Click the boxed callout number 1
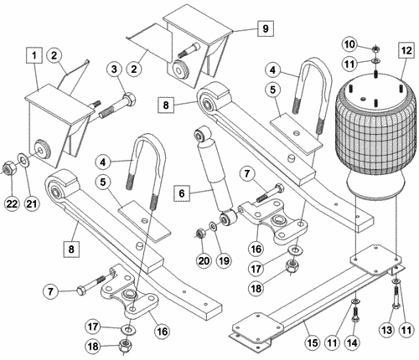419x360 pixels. [34, 55]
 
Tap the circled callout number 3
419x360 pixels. [114, 69]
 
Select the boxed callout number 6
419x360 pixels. [182, 193]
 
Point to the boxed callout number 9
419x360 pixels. [266, 28]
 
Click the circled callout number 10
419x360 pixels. [349, 44]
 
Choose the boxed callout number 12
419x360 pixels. [406, 50]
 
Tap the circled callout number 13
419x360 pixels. [387, 331]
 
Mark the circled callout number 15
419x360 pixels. [313, 342]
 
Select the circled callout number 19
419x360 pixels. [224, 261]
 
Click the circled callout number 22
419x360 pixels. [12, 203]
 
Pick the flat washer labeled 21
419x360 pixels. [23, 160]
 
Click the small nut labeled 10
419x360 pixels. [375, 49]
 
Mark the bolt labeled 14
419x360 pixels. [354, 314]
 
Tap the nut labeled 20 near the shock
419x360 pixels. [199, 233]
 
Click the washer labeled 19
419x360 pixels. [213, 225]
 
